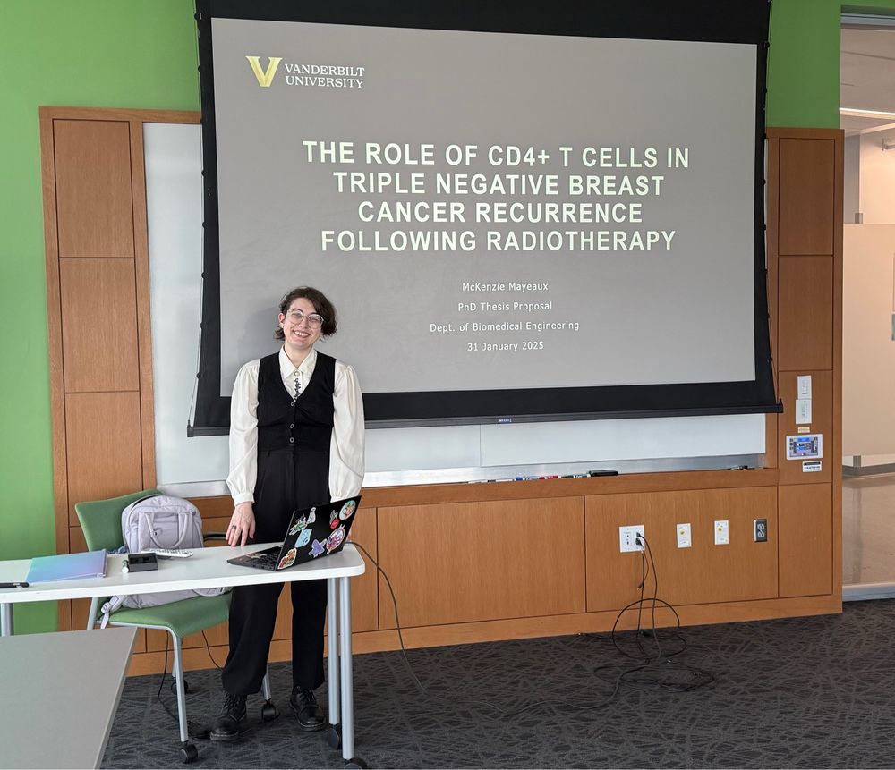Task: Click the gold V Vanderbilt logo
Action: (x=263, y=71)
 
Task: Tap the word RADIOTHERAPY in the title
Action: (x=581, y=241)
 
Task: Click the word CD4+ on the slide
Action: (x=517, y=155)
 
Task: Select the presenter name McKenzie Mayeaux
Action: (x=505, y=286)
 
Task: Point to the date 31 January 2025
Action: (x=505, y=346)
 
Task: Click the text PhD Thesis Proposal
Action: (x=505, y=306)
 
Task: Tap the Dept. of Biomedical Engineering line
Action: (x=504, y=326)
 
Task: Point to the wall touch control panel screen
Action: (x=804, y=446)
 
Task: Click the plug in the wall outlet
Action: (x=639, y=539)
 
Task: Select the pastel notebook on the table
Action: (x=66, y=566)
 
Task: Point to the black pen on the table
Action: (x=13, y=585)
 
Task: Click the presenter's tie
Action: (x=297, y=384)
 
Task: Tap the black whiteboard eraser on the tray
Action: (x=602, y=473)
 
